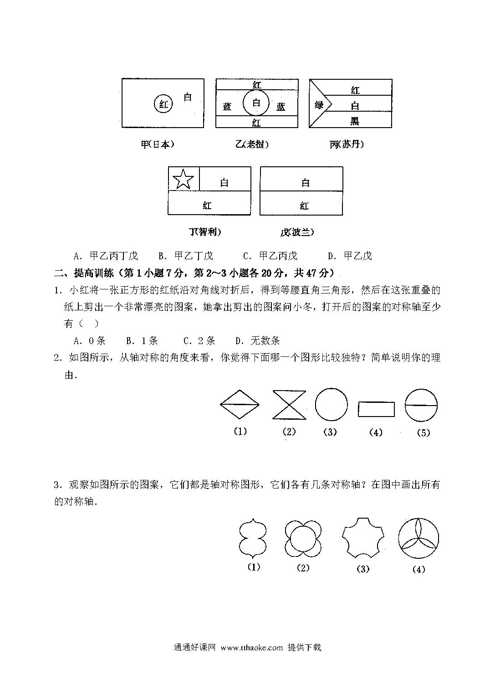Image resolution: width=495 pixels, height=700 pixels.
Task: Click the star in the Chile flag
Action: [x=183, y=179]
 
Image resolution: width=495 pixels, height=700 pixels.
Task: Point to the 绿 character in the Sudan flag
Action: [x=319, y=105]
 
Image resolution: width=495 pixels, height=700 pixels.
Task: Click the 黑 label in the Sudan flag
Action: [x=355, y=121]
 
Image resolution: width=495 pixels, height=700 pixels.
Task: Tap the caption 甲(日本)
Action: [x=158, y=144]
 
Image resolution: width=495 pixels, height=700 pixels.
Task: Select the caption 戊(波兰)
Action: [x=297, y=232]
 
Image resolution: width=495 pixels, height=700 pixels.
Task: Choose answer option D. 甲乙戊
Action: [x=350, y=256]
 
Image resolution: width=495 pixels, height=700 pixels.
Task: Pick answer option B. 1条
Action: [x=142, y=340]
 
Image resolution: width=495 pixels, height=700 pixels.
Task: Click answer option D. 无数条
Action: [x=257, y=340]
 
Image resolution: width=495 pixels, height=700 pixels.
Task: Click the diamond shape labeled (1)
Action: [x=240, y=404]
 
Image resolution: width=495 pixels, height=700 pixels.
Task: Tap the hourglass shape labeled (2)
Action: [x=289, y=405]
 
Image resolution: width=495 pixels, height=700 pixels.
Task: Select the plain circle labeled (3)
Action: [x=331, y=404]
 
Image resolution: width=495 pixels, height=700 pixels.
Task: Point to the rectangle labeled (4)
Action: [x=376, y=409]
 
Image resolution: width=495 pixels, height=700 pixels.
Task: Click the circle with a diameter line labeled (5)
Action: [x=421, y=405]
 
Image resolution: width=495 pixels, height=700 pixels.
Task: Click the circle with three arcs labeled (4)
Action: [x=418, y=538]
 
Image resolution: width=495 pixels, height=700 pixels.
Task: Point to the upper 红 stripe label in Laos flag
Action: [x=257, y=85]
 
